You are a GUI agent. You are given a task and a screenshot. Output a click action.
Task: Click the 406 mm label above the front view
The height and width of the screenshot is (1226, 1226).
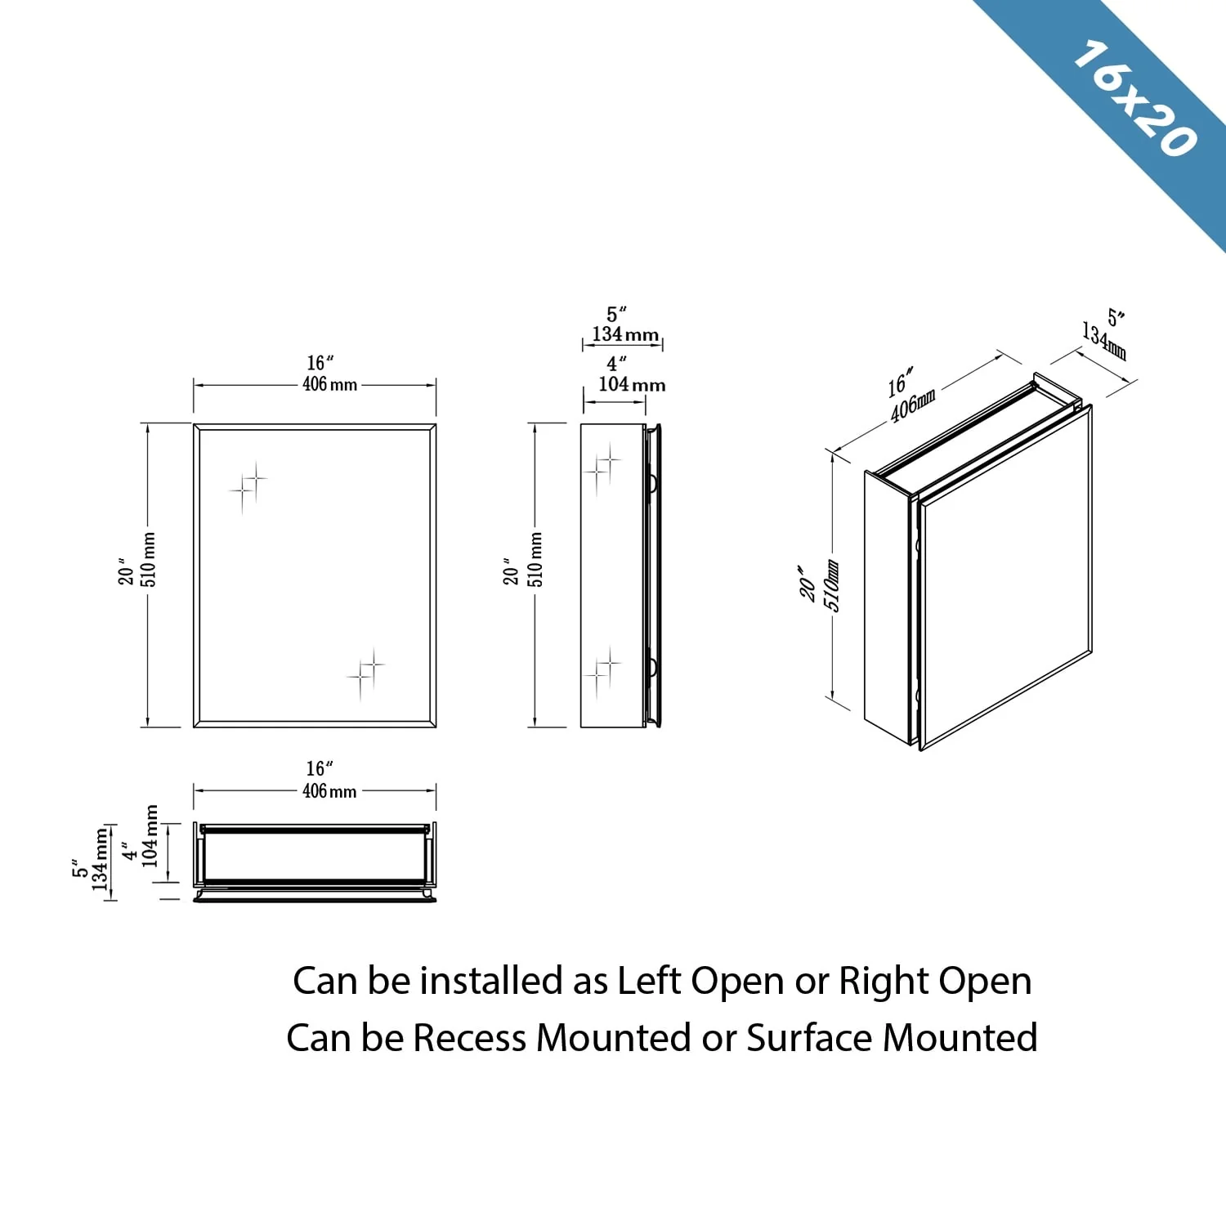tap(329, 384)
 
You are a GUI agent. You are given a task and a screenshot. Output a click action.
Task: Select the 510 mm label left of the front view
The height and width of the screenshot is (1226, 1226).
tap(149, 559)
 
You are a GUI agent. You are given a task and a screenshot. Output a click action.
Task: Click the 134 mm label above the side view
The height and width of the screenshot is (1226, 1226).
tap(625, 334)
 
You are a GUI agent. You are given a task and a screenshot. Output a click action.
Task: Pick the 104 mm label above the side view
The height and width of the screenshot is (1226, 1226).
tap(632, 384)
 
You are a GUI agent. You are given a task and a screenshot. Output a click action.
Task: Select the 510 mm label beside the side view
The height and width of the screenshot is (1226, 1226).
tap(535, 559)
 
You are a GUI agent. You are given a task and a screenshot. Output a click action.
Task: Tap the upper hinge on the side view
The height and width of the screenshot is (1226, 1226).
tap(652, 483)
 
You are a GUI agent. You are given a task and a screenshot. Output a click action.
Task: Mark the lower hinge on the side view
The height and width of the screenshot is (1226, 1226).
tap(652, 668)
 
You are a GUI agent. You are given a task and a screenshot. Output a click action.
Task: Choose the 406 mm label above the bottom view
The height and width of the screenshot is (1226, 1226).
tap(329, 790)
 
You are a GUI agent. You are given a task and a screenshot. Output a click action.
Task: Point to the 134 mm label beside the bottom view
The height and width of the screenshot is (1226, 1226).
tap(101, 859)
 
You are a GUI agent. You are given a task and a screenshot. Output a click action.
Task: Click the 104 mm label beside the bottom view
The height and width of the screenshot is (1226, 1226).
tap(150, 835)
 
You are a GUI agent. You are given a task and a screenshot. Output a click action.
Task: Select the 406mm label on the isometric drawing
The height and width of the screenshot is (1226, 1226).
tap(913, 406)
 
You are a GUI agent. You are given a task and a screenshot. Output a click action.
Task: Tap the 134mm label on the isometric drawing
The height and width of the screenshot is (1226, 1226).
tap(1104, 340)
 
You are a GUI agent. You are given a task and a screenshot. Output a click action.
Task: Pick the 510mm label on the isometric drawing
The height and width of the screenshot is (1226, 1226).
tap(831, 585)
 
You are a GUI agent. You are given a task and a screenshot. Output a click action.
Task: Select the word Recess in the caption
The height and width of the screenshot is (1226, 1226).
tap(469, 1038)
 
